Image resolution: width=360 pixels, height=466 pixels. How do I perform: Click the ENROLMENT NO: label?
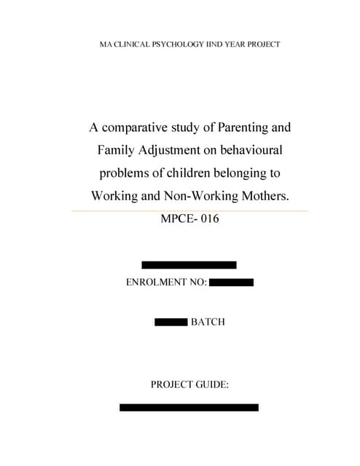167,282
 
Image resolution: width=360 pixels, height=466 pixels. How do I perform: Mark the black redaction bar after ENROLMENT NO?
231,282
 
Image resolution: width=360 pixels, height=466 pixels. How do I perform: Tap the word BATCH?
208,321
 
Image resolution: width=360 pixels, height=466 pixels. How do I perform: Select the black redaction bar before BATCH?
171,321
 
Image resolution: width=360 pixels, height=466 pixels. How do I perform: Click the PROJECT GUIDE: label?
189,383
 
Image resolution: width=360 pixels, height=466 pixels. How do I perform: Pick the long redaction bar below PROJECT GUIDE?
189,407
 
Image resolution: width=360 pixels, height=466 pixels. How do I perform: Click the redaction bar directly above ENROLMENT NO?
189,265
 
